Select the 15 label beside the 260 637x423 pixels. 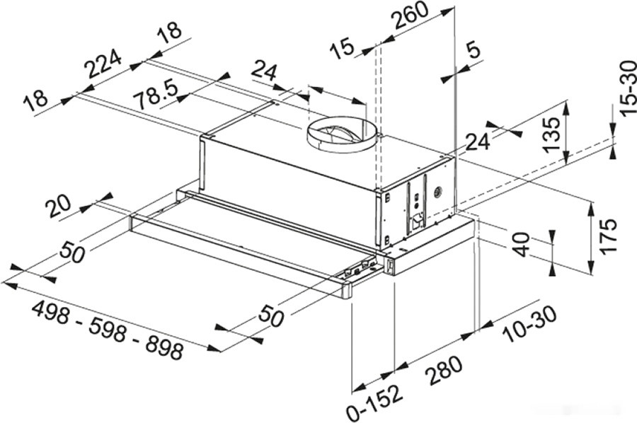coord(343,49)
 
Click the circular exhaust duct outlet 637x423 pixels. coord(340,134)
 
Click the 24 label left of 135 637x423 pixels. coord(478,141)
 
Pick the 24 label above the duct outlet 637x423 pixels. coord(264,71)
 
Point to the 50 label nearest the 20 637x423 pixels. coord(73,251)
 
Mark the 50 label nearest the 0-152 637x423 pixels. coord(270,316)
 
